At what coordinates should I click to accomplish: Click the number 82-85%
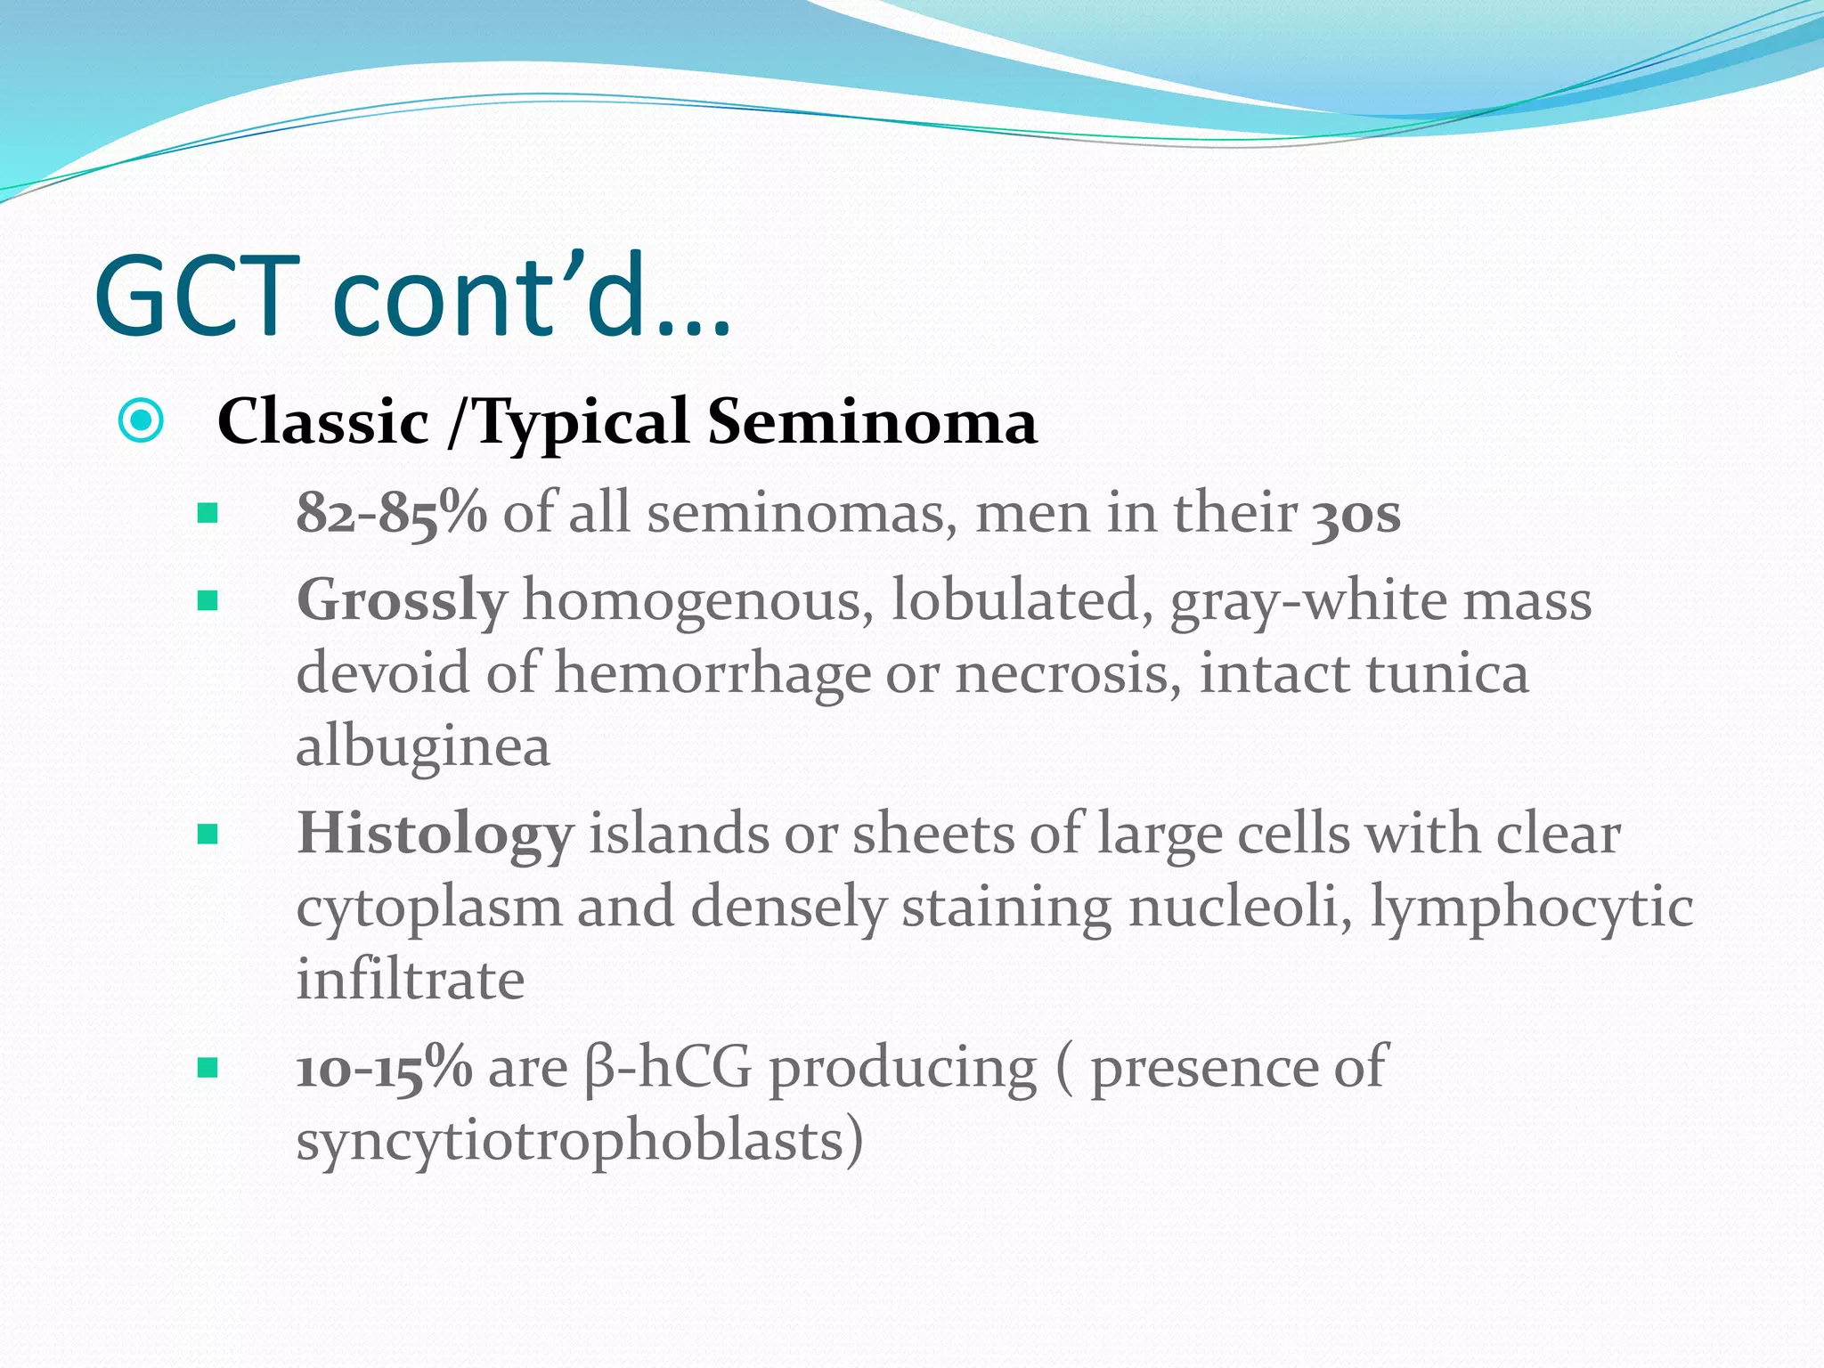click(x=391, y=514)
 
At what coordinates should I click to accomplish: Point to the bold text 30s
click(x=1356, y=514)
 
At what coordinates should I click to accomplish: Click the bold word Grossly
click(x=401, y=601)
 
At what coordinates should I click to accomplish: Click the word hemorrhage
click(x=712, y=674)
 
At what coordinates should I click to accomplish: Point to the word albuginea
click(x=422, y=746)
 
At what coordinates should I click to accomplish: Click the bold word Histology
click(x=435, y=835)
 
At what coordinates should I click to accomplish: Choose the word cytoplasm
click(x=428, y=908)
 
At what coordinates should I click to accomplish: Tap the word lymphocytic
click(x=1531, y=908)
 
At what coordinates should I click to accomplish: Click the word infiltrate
click(x=410, y=980)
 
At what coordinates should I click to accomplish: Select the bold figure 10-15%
click(x=384, y=1068)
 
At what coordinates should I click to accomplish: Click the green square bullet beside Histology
click(x=208, y=835)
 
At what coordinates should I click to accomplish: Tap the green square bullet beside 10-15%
click(x=208, y=1068)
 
